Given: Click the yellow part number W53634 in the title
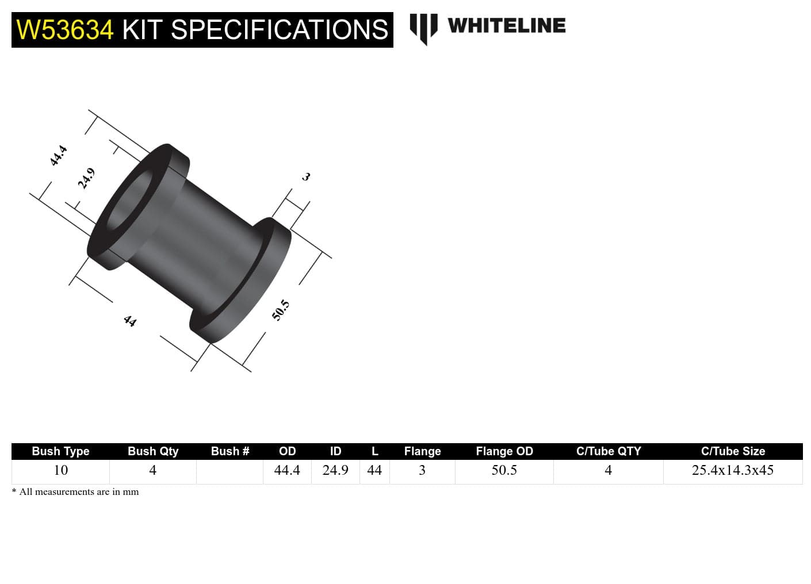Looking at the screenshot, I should [65, 30].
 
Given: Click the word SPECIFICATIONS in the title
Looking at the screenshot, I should [280, 30].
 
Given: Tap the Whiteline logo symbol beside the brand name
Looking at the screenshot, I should [423, 28].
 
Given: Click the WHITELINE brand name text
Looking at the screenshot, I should [506, 25].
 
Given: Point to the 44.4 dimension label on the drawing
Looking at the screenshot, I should [58, 156].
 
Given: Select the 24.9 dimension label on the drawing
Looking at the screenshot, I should [86, 178].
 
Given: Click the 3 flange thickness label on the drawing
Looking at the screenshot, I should [306, 176].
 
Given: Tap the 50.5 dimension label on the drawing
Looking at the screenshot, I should [280, 310].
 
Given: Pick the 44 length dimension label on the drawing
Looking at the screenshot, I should [130, 321].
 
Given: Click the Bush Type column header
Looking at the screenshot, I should [60, 451].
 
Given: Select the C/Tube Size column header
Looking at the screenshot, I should [733, 451].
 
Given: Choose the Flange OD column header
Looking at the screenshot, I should [504, 451].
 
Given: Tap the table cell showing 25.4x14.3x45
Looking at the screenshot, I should [732, 470].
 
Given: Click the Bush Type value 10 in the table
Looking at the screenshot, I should [60, 470].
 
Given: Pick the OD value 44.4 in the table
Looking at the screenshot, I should [287, 470].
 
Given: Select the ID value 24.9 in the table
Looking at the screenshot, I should [335, 470].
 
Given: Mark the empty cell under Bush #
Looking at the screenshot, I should [229, 471].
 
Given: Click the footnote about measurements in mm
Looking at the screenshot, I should [75, 492].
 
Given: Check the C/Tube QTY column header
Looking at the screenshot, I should [608, 451].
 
